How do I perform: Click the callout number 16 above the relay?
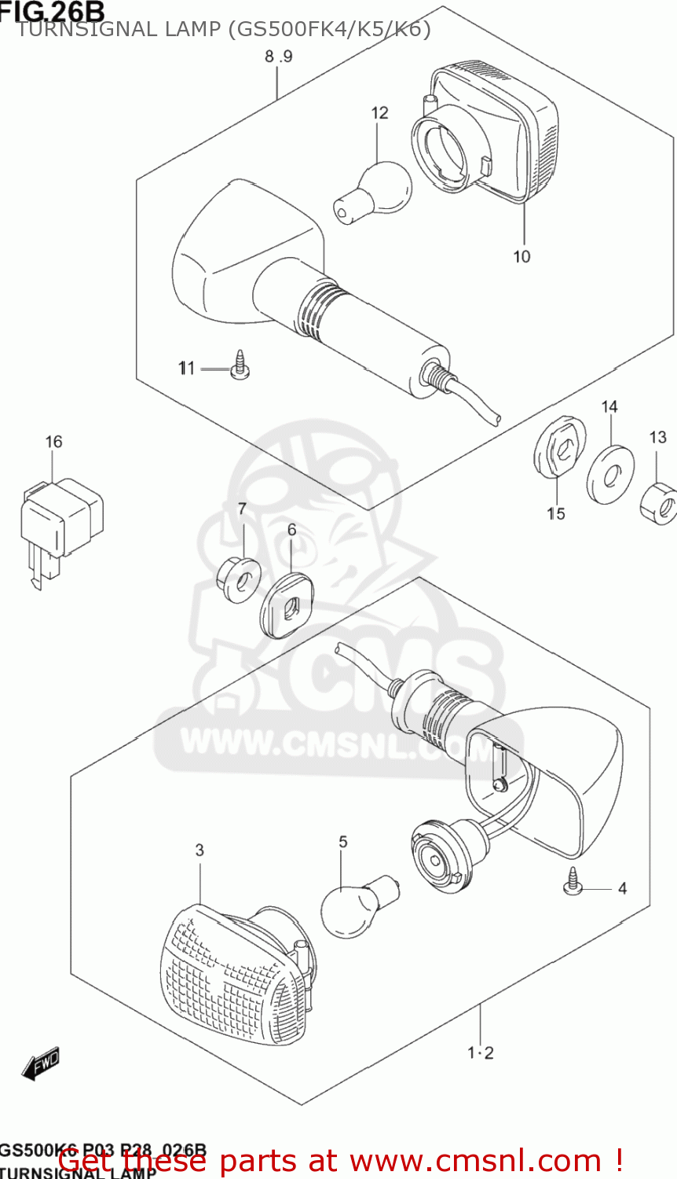click(53, 442)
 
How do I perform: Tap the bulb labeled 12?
click(375, 191)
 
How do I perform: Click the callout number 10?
click(521, 256)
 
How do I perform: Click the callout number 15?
click(556, 514)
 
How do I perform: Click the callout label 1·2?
click(481, 1053)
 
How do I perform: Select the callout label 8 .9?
click(278, 57)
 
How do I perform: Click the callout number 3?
click(199, 850)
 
